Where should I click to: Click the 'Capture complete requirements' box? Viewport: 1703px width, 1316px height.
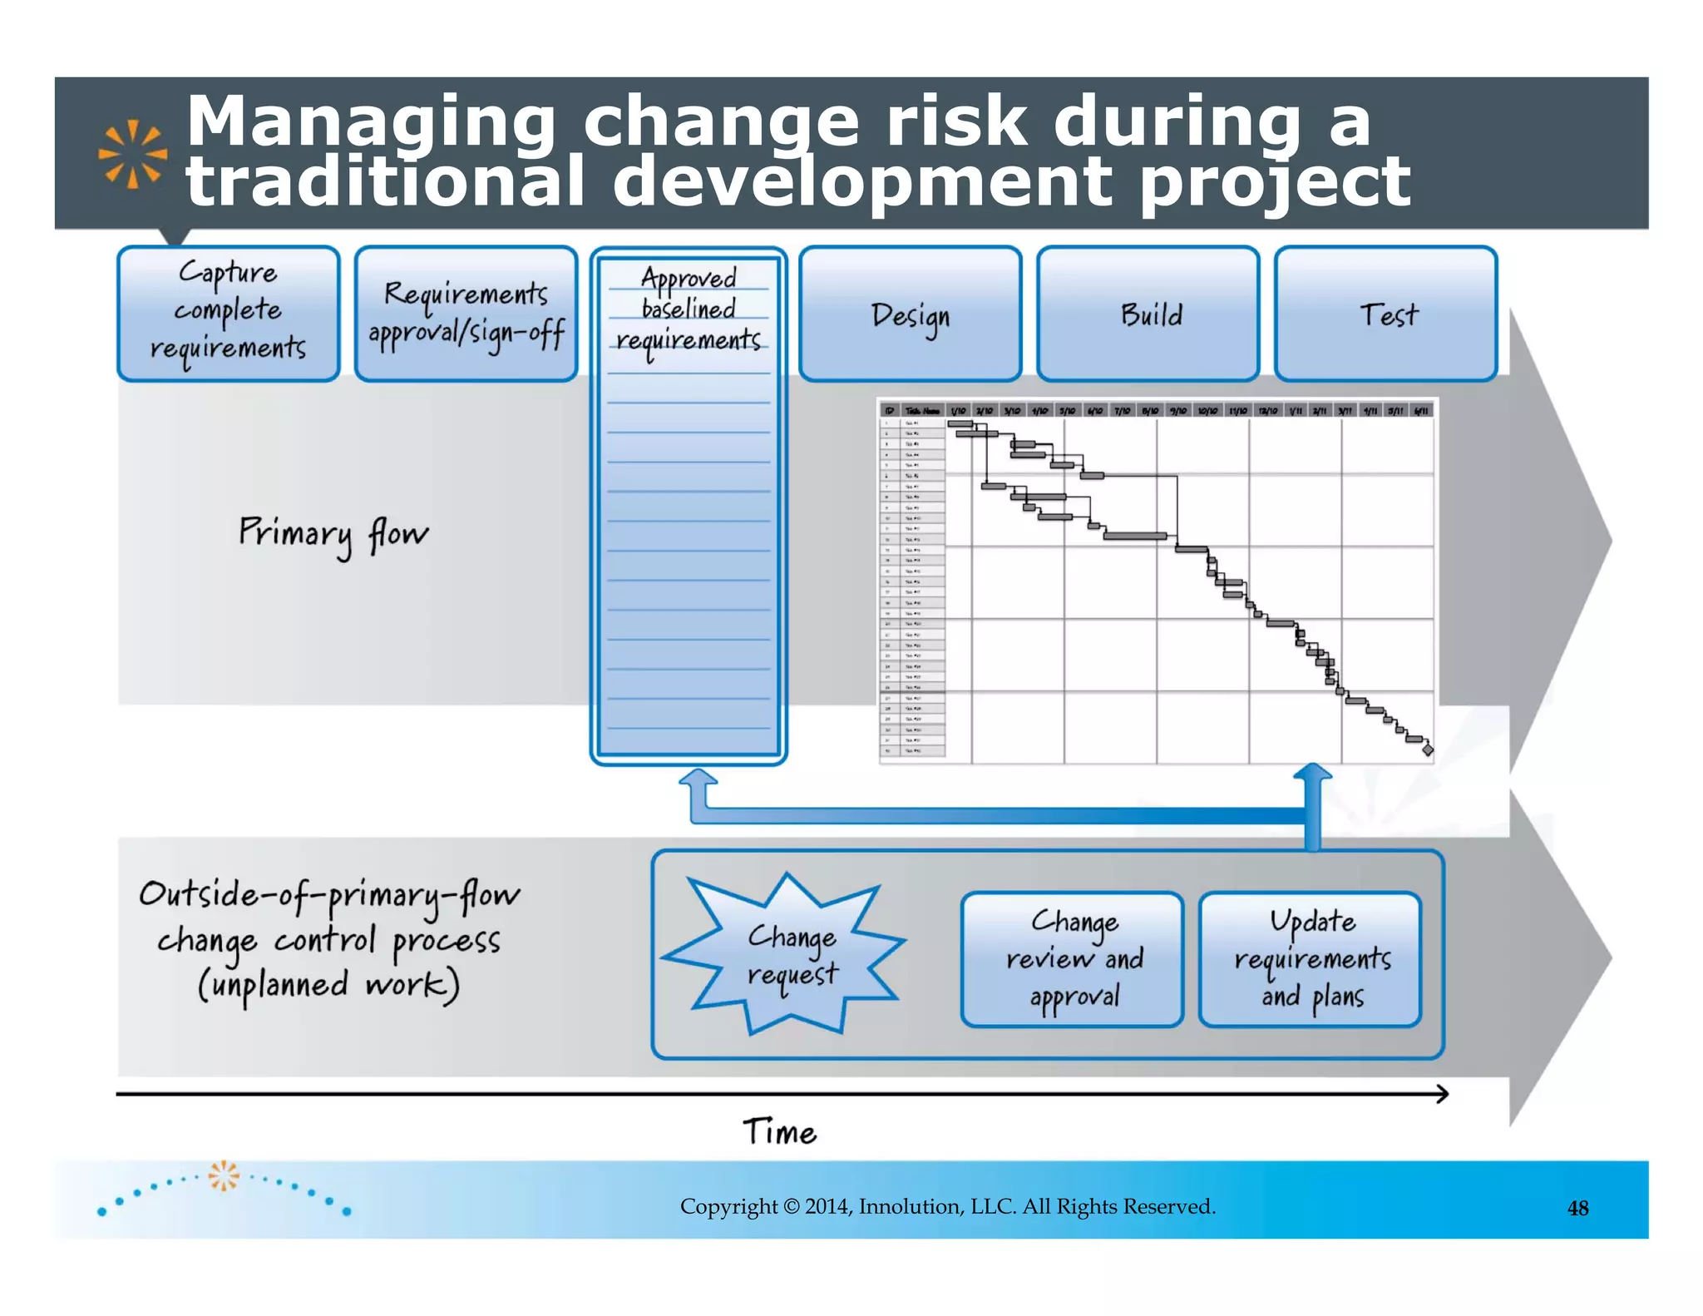pos(228,314)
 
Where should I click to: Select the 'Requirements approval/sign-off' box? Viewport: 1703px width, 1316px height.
pos(466,314)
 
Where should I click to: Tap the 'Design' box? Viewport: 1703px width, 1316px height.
pos(910,314)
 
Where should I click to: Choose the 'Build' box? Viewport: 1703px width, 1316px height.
pos(1148,314)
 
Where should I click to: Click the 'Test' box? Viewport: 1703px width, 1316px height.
pos(1385,314)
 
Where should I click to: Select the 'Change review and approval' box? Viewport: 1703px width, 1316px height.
pos(1072,959)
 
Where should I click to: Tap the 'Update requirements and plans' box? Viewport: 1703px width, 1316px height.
pos(1310,959)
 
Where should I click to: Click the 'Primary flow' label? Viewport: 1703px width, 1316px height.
pos(333,534)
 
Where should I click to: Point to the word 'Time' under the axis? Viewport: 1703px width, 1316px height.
pos(779,1132)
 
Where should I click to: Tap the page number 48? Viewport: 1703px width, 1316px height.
pos(1577,1208)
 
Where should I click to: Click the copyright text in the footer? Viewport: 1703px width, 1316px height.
pos(947,1206)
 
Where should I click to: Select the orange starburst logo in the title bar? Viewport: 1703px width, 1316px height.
pos(132,154)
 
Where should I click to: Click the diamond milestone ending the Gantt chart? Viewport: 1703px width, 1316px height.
pos(1428,750)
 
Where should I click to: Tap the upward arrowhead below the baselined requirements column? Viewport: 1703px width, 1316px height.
pos(698,779)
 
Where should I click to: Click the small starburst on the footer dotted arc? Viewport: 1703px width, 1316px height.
pos(223,1175)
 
